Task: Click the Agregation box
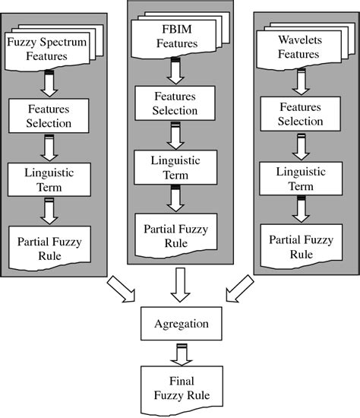(x=179, y=324)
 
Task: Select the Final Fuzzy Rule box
(x=179, y=388)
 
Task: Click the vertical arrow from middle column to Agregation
(x=180, y=286)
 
